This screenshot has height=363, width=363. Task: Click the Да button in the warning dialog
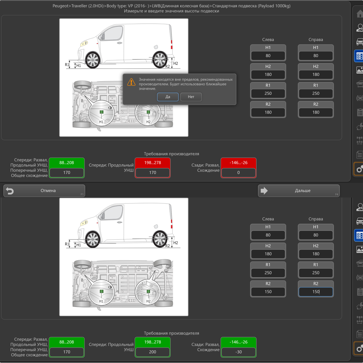[168, 97]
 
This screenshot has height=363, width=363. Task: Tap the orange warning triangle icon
[131, 82]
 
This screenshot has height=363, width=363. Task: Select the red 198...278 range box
[152, 162]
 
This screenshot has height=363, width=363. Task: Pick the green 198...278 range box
[152, 342]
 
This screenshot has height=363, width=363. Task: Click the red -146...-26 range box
[238, 162]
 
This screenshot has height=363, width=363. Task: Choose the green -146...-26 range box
[238, 342]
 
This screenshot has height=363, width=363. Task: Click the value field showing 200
[152, 352]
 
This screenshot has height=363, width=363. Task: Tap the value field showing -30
[238, 352]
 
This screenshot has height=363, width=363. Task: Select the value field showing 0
[238, 172]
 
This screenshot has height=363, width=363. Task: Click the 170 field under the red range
[152, 172]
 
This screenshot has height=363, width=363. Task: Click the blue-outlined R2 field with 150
[316, 292]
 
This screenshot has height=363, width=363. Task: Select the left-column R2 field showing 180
[268, 112]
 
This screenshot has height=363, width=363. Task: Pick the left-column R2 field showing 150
[268, 292]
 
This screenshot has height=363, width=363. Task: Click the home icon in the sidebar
[360, 14]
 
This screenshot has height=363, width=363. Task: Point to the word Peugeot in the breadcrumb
[60, 6]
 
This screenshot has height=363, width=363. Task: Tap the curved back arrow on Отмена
[10, 191]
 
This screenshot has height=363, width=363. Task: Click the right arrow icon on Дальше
[264, 191]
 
